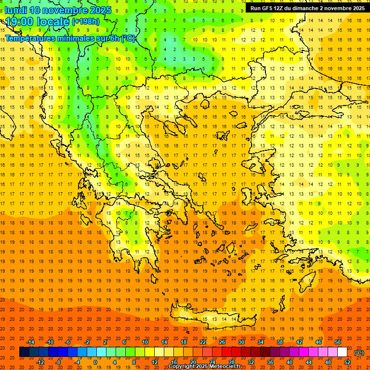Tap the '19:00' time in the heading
point(19,22)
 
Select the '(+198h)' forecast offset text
point(85,21)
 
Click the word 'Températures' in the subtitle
point(30,38)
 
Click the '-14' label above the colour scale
point(31,342)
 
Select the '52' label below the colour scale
point(347,362)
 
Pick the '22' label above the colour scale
point(203,342)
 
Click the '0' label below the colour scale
point(95,362)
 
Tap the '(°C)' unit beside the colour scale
point(359,353)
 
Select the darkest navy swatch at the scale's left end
point(24,352)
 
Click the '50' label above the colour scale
point(338,342)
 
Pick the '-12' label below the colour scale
point(40,362)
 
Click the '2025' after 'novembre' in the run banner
point(357,8)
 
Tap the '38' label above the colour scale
point(280,342)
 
